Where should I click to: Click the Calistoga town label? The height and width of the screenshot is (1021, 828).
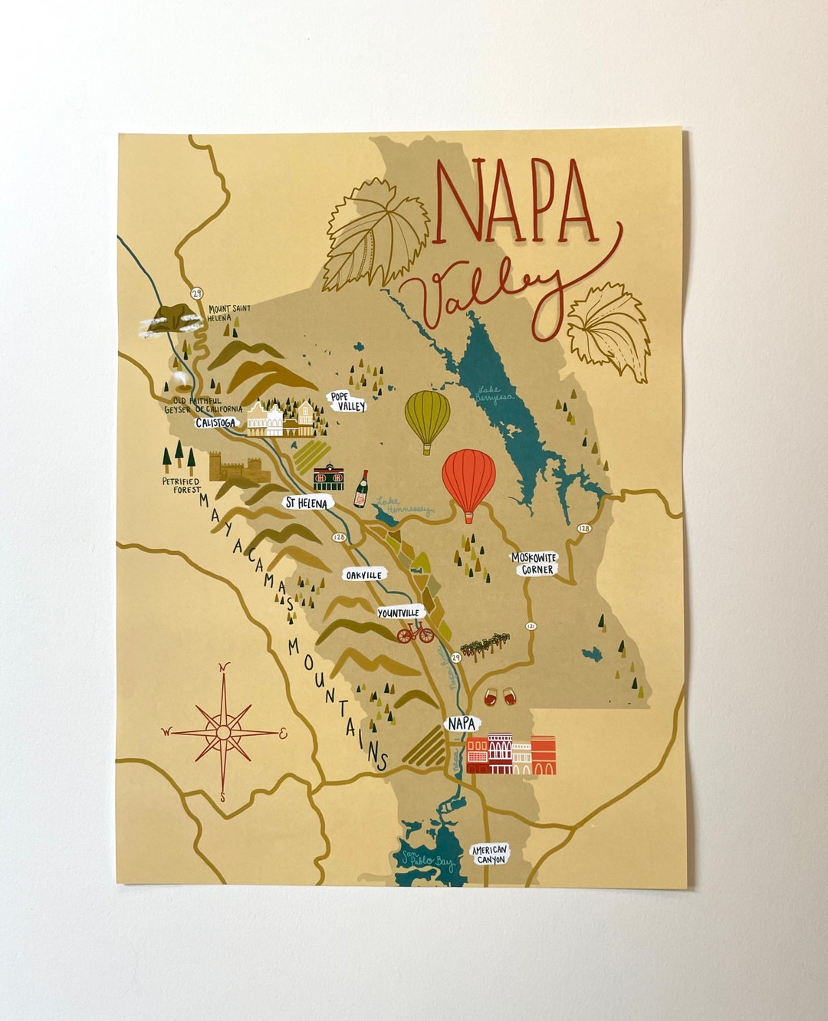tap(215, 422)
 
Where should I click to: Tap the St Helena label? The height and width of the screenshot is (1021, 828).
tap(307, 503)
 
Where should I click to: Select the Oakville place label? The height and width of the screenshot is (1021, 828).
tap(363, 575)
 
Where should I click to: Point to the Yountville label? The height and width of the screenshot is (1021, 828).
tap(399, 612)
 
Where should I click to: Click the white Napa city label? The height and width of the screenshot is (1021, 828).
tap(462, 723)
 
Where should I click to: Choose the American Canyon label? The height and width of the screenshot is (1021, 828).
tap(489, 855)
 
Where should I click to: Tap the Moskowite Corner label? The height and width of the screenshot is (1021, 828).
tap(535, 564)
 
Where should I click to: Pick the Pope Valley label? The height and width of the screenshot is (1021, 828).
tap(348, 402)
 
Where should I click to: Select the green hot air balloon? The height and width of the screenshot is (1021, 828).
tap(427, 419)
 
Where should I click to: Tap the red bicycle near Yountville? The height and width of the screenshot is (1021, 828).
tap(416, 632)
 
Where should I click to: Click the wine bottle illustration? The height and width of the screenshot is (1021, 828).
tap(360, 490)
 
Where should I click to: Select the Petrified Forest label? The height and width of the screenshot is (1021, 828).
tap(182, 485)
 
